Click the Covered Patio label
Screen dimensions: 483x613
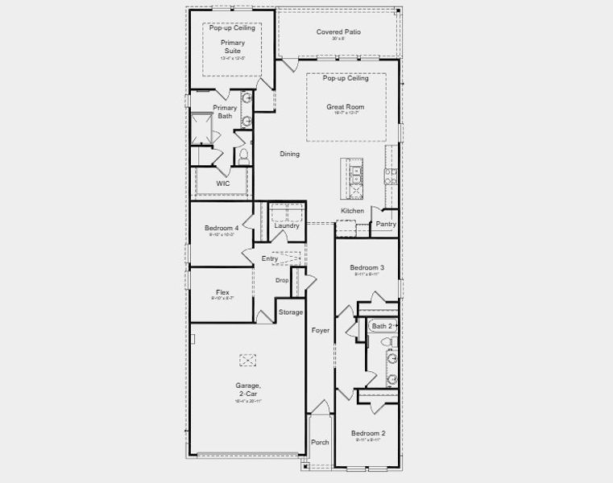pos(338,32)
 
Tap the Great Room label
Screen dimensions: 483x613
pos(345,107)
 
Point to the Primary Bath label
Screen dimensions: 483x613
pos(225,112)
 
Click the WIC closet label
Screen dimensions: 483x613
pos(223,184)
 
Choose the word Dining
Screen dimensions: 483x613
pos(289,154)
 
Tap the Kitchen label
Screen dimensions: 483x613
pos(352,211)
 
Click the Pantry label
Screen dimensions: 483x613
pos(386,225)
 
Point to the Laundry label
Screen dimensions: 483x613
pos(287,226)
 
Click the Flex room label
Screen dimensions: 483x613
pos(223,292)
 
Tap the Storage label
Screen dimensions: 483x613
pos(290,312)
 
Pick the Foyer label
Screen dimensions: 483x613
pos(320,331)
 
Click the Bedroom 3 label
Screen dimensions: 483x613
pos(367,268)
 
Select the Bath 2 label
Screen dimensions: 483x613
pos(382,326)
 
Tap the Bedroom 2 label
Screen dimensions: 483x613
pos(367,433)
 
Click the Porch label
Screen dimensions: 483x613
pos(320,442)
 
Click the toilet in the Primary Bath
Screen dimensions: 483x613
pos(242,155)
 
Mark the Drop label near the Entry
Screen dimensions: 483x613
pos(282,280)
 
